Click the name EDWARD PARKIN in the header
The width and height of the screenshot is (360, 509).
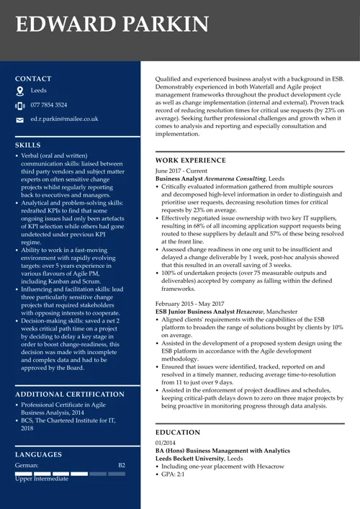pos(112,24)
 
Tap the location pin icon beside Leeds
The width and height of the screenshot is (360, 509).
pos(20,91)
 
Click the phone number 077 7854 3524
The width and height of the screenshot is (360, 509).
pos(49,105)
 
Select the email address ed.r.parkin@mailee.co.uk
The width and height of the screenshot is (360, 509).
pos(64,119)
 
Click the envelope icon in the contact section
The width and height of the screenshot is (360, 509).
pos(20,120)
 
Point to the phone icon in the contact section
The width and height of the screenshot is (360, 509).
pos(20,106)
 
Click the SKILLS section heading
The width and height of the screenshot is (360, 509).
pos(27,145)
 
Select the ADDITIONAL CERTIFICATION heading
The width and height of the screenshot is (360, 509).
pos(69,394)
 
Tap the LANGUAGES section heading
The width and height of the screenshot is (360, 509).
pos(38,454)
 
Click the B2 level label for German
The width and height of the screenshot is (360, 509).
pos(122,466)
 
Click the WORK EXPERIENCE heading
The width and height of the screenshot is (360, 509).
pos(191,160)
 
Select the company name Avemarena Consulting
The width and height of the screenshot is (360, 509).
pos(235,178)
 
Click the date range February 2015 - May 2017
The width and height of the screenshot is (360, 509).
pos(190,304)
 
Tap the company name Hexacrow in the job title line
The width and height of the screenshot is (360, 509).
pos(249,312)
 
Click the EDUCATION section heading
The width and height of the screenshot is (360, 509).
pos(178,432)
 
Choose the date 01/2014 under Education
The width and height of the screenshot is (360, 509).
pos(165,442)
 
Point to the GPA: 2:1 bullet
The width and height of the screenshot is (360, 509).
pos(173,475)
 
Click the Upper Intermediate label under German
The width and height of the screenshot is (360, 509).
pos(42,479)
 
